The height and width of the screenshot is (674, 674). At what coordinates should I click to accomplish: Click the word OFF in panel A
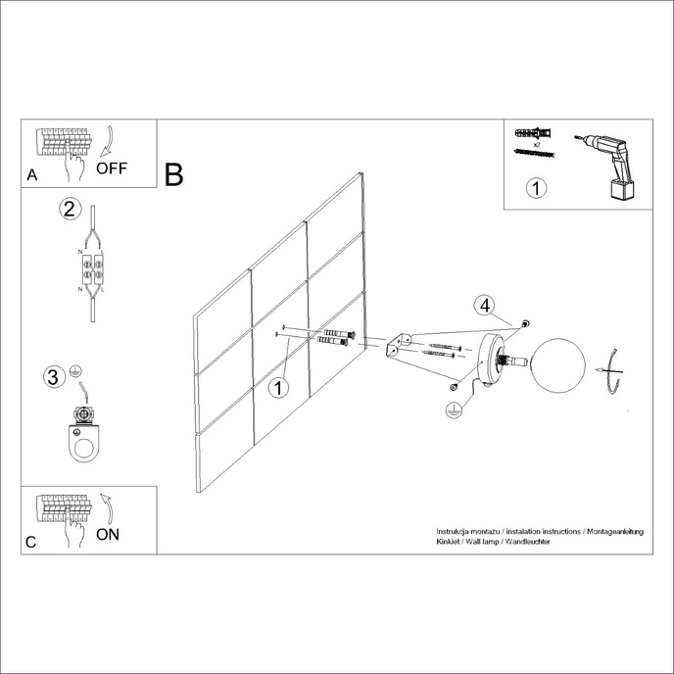coord(112,168)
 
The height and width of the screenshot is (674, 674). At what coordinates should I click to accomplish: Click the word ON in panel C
coord(109,534)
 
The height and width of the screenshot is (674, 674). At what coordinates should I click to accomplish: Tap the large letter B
coord(174,175)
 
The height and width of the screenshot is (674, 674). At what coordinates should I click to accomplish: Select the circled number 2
coord(69,209)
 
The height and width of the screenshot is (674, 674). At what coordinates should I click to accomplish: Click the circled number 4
coord(483,305)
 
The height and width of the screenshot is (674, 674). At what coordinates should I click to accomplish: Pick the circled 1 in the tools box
coord(534,188)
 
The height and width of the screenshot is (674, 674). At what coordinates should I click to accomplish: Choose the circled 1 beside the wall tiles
coord(279,388)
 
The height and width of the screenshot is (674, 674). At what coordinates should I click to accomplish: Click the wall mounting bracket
coord(398,347)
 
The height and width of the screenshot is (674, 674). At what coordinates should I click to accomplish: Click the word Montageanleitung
coord(613,530)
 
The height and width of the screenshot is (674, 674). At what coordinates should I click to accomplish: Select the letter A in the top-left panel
coord(32,176)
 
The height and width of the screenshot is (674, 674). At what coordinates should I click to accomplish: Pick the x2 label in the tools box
coord(537,142)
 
